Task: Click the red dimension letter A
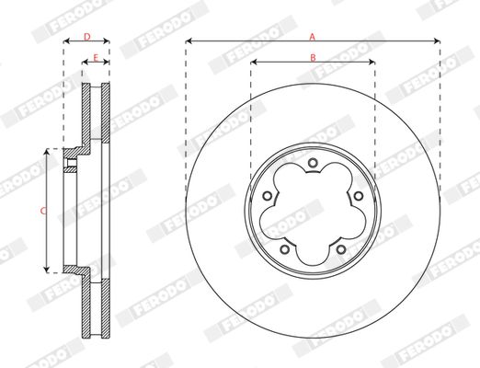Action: pos(313,37)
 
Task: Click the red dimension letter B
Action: pos(313,58)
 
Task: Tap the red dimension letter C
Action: pos(43,211)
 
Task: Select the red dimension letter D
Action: pos(87,37)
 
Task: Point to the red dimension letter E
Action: pos(96,58)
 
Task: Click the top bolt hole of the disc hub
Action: pos(313,163)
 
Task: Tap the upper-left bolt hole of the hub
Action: pos(268,196)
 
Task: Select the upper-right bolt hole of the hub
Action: pos(358,196)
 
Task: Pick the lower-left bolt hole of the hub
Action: pos(285,249)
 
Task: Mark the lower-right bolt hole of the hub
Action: pos(341,249)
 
